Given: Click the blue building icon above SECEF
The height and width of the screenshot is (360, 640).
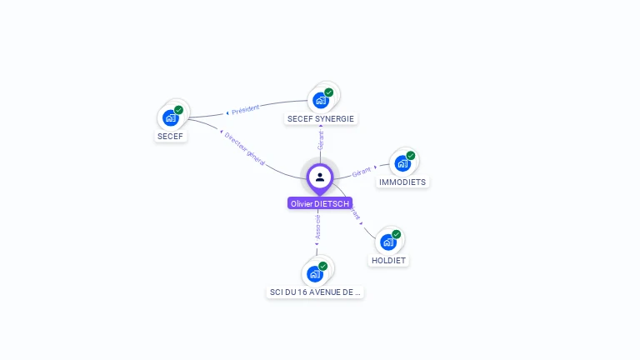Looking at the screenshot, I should click(171, 117).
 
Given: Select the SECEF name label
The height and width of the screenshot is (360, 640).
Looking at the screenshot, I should click(170, 136).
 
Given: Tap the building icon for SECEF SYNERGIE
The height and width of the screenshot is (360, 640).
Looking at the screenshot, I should click(320, 100).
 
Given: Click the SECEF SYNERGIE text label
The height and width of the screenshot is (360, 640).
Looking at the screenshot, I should click(321, 119).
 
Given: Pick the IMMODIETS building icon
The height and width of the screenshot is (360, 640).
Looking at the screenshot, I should click(402, 163).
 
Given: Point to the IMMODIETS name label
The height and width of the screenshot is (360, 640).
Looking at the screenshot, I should click(402, 182).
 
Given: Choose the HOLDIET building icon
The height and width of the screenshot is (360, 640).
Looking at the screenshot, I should click(387, 242).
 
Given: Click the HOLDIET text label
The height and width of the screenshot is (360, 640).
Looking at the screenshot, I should click(389, 261).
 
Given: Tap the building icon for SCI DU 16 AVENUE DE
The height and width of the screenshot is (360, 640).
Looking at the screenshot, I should click(314, 273).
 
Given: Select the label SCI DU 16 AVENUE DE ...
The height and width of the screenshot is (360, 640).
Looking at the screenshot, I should click(315, 292).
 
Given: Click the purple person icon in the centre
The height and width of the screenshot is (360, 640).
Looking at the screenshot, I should click(320, 177).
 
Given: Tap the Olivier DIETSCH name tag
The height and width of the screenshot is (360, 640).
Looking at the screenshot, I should click(320, 203).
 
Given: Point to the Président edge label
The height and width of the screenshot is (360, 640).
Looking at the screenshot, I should click(245, 109).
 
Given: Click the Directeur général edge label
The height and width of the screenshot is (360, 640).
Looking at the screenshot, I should click(244, 148).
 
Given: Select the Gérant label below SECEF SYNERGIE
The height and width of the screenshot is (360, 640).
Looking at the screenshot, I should click(321, 140).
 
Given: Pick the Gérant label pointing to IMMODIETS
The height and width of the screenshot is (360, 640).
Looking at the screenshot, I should click(361, 172).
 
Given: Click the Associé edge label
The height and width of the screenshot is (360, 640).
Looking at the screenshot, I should click(317, 227).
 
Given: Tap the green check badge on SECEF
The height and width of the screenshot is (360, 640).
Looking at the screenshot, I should click(178, 110).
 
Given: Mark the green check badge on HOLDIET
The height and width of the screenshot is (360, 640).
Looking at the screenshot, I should click(397, 234).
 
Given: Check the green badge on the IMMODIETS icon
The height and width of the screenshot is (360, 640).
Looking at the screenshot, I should click(411, 155).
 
